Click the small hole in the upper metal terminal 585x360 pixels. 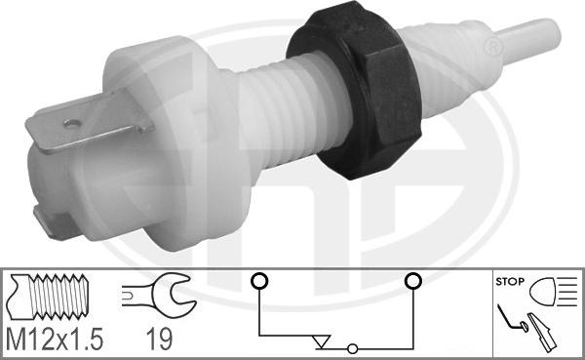(72, 123)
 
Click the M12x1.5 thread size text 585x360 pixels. (55, 339)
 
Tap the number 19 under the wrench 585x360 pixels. (159, 340)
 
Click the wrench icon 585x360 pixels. (159, 295)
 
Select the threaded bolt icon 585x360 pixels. (48, 297)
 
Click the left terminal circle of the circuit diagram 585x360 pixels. (259, 281)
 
